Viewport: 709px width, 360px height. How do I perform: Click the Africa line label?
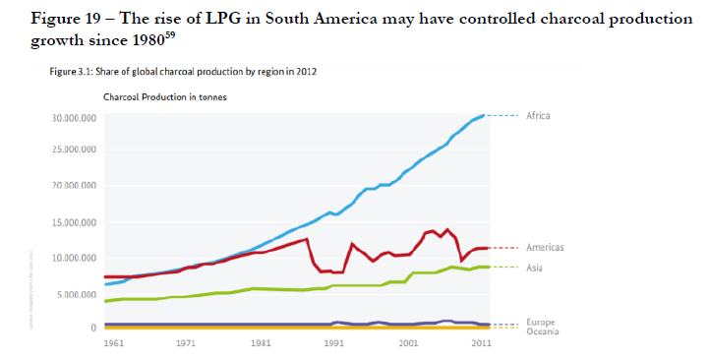(x=538, y=115)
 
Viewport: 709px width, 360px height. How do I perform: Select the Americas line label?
(x=544, y=248)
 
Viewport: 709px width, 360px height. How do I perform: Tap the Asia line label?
(x=535, y=267)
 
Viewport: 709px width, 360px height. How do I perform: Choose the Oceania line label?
(x=543, y=331)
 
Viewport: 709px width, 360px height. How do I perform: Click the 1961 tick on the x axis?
(x=114, y=345)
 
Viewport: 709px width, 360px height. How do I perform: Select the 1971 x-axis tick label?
(x=187, y=345)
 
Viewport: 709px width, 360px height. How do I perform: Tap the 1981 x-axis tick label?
(x=261, y=345)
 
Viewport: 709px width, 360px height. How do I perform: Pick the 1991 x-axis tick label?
(x=334, y=345)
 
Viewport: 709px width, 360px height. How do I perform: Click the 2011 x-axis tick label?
(x=481, y=345)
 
